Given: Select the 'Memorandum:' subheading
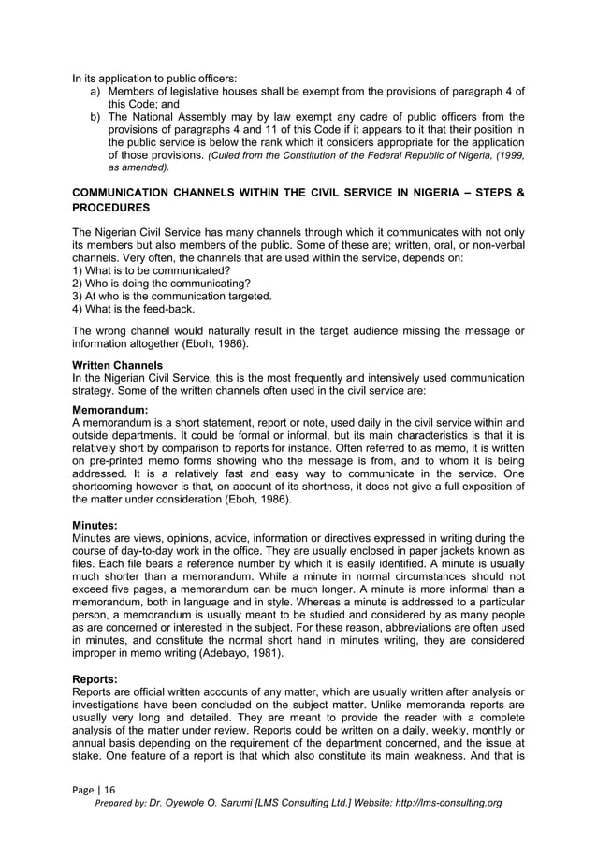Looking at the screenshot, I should pyautogui.click(x=111, y=410).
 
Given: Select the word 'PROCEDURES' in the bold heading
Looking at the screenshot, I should pyautogui.click(x=112, y=206).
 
